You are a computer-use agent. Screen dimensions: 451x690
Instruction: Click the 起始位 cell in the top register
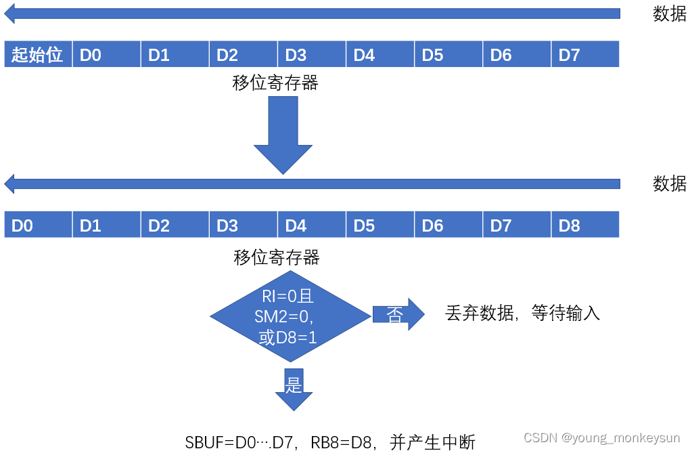click(38, 54)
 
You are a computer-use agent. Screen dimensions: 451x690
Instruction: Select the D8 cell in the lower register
click(585, 225)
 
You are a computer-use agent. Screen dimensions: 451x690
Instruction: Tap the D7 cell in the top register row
click(585, 54)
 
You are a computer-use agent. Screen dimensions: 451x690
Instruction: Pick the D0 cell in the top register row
click(107, 54)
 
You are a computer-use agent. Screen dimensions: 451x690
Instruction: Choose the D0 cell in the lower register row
click(38, 225)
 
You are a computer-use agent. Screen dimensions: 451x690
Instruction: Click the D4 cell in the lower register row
click(312, 225)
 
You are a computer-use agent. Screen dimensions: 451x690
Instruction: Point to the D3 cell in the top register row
click(312, 54)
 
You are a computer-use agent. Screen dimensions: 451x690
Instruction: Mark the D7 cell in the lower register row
click(517, 225)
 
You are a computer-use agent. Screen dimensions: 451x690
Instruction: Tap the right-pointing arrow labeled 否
click(398, 314)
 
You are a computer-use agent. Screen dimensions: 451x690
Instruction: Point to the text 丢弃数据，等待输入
click(522, 314)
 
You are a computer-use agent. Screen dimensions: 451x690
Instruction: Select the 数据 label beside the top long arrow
click(669, 14)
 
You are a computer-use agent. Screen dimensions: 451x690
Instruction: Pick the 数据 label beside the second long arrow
click(669, 184)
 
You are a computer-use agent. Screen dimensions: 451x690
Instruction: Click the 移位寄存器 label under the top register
click(275, 83)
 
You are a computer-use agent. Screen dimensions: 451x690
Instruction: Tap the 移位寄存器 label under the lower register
click(277, 257)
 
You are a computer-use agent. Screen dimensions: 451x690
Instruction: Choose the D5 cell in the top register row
click(448, 54)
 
